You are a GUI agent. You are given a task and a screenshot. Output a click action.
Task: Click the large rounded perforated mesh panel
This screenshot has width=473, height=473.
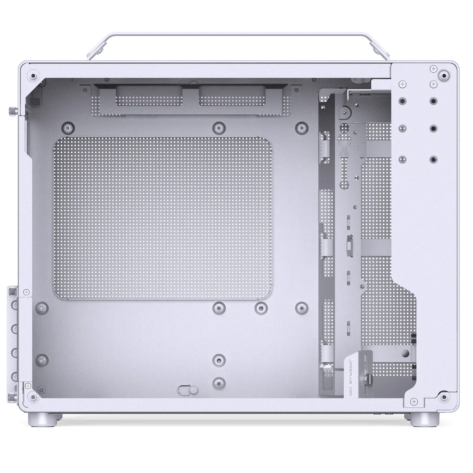(162, 218)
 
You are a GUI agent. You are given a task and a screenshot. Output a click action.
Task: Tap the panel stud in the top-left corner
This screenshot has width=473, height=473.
(33, 75)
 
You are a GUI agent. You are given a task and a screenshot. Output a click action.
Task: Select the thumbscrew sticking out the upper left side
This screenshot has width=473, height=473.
(13, 111)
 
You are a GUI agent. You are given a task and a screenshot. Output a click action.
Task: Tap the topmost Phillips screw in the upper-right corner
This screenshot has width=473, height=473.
(433, 69)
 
